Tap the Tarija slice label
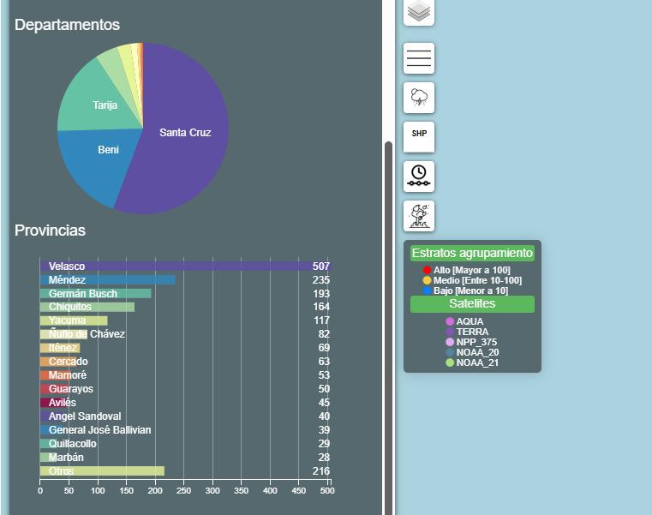coord(105,105)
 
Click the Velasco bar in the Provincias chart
coord(185,266)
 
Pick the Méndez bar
coord(108,280)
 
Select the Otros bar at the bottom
coord(102,471)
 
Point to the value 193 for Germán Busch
coord(321,294)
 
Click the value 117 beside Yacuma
coord(321,320)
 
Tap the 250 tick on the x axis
coord(184,491)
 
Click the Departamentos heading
coord(68,25)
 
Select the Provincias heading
coord(50,231)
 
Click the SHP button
coord(419,137)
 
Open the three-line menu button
coord(419,58)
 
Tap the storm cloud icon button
coord(419,98)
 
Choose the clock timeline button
coord(419,177)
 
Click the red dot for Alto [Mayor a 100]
coord(427,270)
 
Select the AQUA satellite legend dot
coord(450,321)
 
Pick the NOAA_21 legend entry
coord(472,362)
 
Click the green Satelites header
coord(472,303)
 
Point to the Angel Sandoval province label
coord(85,416)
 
